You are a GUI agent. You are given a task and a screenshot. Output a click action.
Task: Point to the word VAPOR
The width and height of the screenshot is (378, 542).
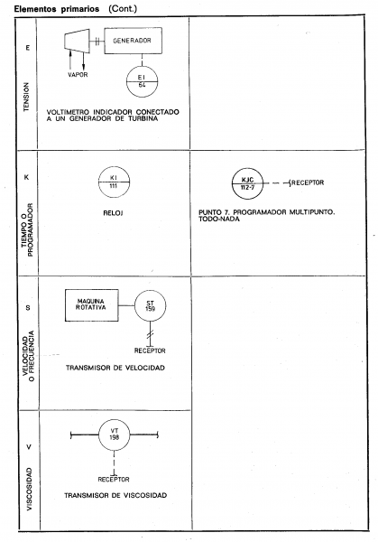point(78,75)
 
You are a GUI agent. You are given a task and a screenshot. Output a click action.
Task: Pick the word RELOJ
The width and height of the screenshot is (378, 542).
point(114,213)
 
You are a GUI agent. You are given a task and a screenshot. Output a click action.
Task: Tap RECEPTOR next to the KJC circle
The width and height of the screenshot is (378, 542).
point(308,182)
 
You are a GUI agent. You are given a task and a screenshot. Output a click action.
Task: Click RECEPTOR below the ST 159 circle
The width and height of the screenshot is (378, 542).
point(150,350)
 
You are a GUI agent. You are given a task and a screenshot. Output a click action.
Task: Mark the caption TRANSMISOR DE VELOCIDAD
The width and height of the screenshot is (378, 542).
point(115,368)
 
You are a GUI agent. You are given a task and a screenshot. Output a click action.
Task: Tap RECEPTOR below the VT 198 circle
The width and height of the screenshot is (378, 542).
point(114,480)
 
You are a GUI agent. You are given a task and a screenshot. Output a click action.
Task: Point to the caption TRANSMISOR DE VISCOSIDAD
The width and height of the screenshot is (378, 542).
point(115,495)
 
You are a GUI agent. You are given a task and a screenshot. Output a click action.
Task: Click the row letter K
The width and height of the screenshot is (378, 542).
point(26,177)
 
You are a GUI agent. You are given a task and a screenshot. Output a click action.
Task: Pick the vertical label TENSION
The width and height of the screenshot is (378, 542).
point(26,97)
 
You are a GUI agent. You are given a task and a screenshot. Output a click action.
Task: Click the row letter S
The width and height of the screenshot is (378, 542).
point(28,308)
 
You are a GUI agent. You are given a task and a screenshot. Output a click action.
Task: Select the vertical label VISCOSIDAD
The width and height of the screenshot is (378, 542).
point(29,490)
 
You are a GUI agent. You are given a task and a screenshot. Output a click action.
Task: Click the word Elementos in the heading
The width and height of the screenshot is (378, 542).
point(35,9)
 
